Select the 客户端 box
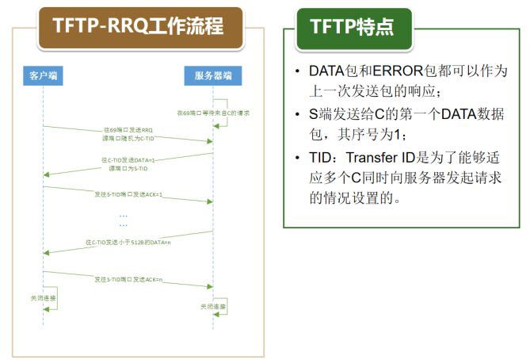pos(44,76)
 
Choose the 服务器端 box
pos(212,76)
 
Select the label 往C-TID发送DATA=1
pos(128,161)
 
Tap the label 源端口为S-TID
pos(128,168)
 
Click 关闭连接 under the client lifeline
pos(43,298)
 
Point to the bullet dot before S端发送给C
pos(296,114)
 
